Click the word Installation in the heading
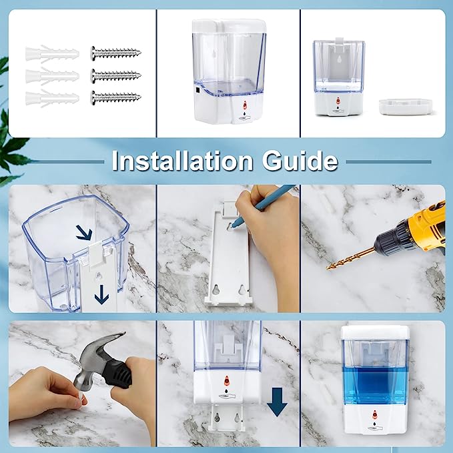(x=181, y=161)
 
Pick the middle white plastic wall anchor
(x=51, y=76)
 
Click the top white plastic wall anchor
(x=51, y=54)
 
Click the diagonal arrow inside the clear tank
(x=83, y=232)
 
